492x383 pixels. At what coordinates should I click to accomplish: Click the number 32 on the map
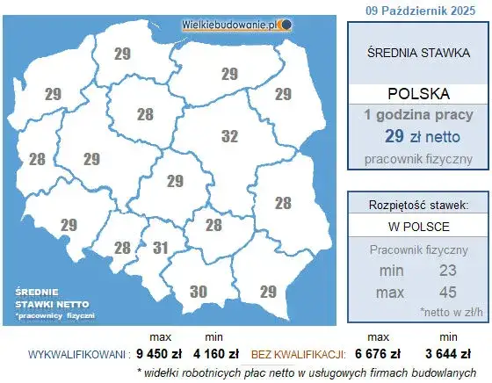click(x=229, y=137)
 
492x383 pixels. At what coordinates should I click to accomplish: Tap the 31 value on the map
click(x=159, y=249)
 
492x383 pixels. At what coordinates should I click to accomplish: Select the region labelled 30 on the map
click(x=199, y=292)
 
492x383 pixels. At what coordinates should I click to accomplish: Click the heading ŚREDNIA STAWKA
click(x=417, y=53)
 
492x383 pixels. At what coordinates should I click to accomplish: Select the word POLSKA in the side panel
click(x=417, y=94)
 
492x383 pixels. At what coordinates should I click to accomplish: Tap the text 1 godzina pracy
click(x=417, y=115)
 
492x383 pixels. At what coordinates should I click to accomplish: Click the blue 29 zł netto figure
click(x=417, y=136)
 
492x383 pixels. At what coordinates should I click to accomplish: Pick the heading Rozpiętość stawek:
click(x=417, y=205)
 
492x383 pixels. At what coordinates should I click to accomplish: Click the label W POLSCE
click(x=417, y=227)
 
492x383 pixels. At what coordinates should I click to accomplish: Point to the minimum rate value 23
click(x=448, y=271)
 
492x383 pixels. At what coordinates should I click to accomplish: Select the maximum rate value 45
click(x=448, y=291)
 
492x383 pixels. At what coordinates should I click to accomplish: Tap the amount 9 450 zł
click(x=159, y=355)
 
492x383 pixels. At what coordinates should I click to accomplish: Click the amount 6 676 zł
click(x=378, y=355)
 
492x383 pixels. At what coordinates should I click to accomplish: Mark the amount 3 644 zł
click(x=448, y=355)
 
